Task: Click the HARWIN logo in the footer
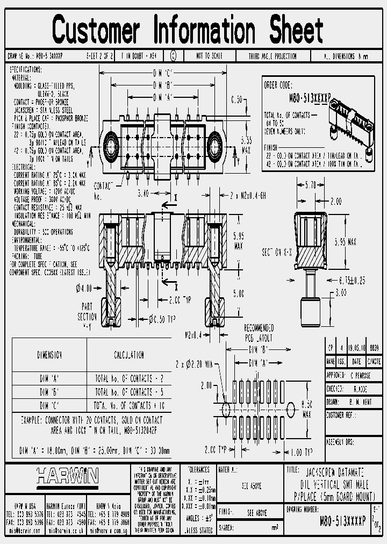point(68,475)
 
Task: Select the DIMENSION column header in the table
point(49,355)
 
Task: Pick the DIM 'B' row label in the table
point(49,392)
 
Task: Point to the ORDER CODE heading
point(278,85)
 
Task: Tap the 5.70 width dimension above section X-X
point(311,184)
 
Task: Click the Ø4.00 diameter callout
point(85,287)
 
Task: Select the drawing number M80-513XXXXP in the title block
point(342,520)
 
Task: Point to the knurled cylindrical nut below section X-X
point(311,307)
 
